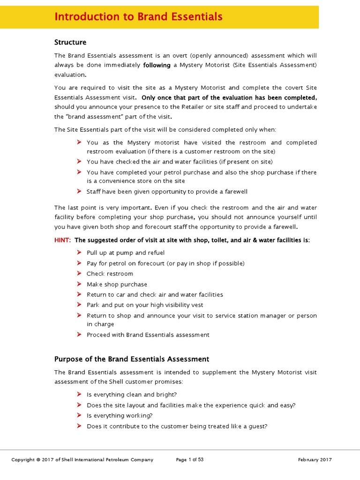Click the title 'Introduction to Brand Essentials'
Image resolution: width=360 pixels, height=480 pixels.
pyautogui.click(x=138, y=17)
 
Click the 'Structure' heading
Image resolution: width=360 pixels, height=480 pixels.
pyautogui.click(x=70, y=42)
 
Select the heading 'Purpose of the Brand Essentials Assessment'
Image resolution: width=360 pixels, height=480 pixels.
pyautogui.click(x=132, y=359)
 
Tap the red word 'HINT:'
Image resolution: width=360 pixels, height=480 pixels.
pyautogui.click(x=62, y=240)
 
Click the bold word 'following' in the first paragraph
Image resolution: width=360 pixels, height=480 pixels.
pyautogui.click(x=157, y=65)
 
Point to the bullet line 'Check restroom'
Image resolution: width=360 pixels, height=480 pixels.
pyautogui.click(x=110, y=274)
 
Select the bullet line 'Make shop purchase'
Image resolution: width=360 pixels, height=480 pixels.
pyautogui.click(x=117, y=284)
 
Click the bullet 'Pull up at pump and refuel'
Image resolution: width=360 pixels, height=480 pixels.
pyautogui.click(x=126, y=253)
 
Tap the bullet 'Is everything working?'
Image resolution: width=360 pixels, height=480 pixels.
pyautogui.click(x=120, y=415)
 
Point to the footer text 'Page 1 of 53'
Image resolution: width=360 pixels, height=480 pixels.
pyautogui.click(x=190, y=460)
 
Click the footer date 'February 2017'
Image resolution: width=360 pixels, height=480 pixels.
pyautogui.click(x=315, y=460)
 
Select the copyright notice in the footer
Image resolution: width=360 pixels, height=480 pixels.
pyautogui.click(x=82, y=460)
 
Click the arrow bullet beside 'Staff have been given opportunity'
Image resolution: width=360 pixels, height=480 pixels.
pyautogui.click(x=79, y=191)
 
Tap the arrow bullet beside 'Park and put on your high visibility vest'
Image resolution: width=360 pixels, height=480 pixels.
pyautogui.click(x=79, y=305)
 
